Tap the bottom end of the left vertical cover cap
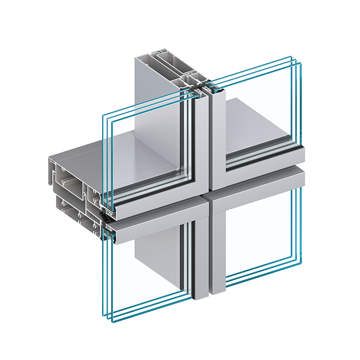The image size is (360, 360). tap(201, 297)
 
